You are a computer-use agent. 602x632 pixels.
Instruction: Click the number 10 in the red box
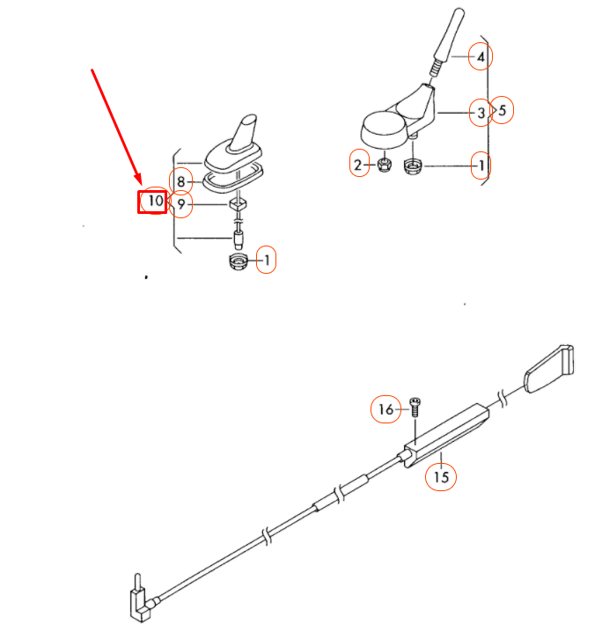point(153,202)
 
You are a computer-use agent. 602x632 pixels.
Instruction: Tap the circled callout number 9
point(181,205)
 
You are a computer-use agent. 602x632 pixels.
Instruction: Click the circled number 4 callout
point(480,58)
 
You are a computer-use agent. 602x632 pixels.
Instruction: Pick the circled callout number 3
point(480,113)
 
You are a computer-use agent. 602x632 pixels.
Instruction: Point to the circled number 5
point(502,111)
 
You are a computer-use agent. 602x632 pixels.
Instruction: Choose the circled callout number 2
point(358,165)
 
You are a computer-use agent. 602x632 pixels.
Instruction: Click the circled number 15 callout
point(441,477)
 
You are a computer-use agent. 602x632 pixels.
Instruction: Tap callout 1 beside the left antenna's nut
point(266,260)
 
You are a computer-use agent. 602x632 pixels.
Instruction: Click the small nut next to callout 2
point(383,165)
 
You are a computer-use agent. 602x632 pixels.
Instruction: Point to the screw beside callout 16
point(415,406)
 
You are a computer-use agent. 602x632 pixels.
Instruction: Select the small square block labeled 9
point(237,205)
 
